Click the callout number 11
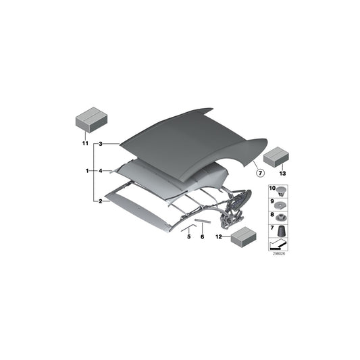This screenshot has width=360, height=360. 85,144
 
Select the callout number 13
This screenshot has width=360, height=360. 283,174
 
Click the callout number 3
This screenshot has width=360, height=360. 100,144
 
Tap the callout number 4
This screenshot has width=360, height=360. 100,172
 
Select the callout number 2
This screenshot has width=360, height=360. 100,201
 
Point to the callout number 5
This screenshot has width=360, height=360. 189,236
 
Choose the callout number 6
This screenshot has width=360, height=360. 201,236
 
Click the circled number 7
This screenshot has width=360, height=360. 259,173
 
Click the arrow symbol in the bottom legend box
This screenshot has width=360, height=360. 278,243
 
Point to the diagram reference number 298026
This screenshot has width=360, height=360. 278,254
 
